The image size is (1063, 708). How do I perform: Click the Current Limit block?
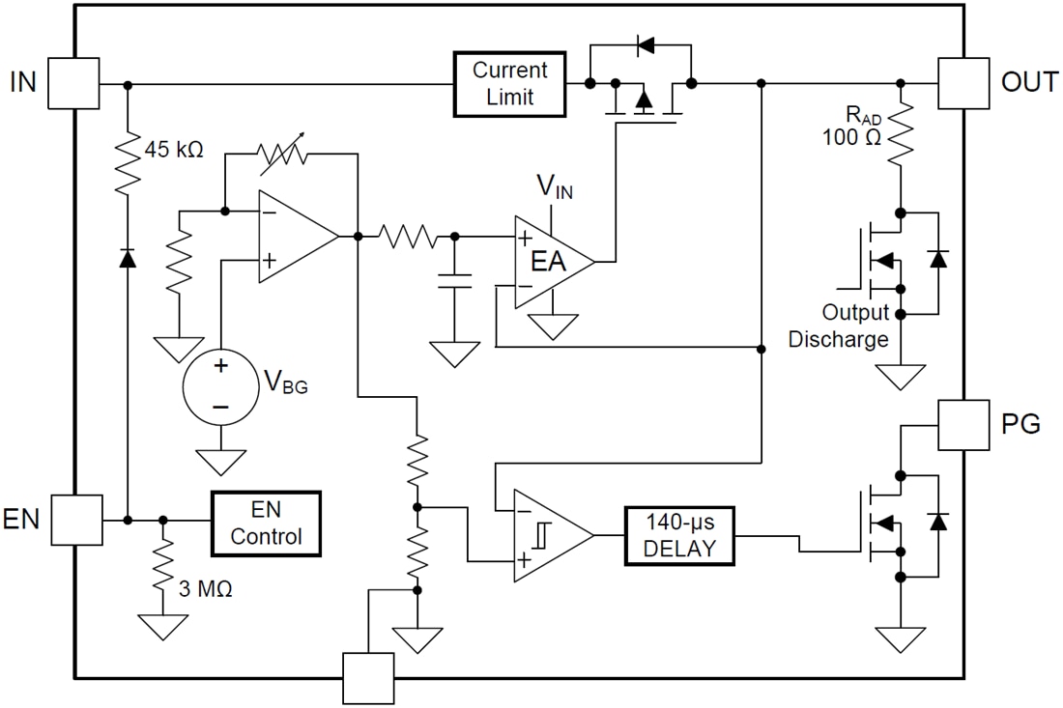click(x=509, y=84)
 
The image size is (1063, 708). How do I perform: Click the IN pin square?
click(x=73, y=83)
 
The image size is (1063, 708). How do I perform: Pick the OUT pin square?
click(x=964, y=83)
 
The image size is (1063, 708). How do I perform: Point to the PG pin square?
click(x=964, y=424)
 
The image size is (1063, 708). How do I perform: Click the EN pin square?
click(x=75, y=520)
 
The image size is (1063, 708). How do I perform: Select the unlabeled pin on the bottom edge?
click(x=368, y=678)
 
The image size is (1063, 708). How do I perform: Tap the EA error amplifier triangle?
click(x=548, y=261)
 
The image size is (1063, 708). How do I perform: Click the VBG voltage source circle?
click(x=221, y=383)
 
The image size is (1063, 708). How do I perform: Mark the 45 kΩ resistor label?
click(x=174, y=150)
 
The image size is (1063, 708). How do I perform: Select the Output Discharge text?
click(x=839, y=326)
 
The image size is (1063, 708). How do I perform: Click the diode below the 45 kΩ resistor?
click(x=127, y=259)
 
